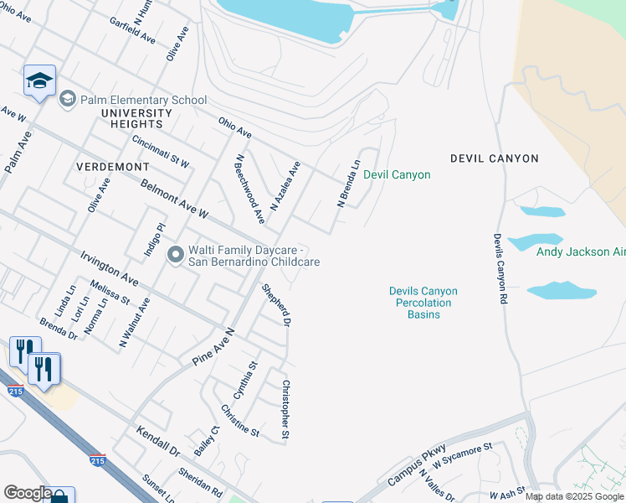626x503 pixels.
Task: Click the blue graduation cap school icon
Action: (x=39, y=81)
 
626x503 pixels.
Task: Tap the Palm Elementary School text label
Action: (x=143, y=100)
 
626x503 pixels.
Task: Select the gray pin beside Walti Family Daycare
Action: (x=175, y=253)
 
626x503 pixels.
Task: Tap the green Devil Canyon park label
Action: (x=397, y=175)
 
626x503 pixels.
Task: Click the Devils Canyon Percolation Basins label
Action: (x=423, y=303)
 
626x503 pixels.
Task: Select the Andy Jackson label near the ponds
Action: (x=578, y=251)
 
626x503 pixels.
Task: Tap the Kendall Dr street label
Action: (x=157, y=440)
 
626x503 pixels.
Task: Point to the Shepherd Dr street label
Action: (x=276, y=305)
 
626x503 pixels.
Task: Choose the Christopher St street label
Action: (x=285, y=410)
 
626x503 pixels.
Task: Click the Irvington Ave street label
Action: (x=110, y=267)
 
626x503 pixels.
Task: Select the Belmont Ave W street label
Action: (x=173, y=200)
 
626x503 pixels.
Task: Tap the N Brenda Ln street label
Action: (x=348, y=184)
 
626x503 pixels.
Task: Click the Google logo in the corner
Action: (x=27, y=493)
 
